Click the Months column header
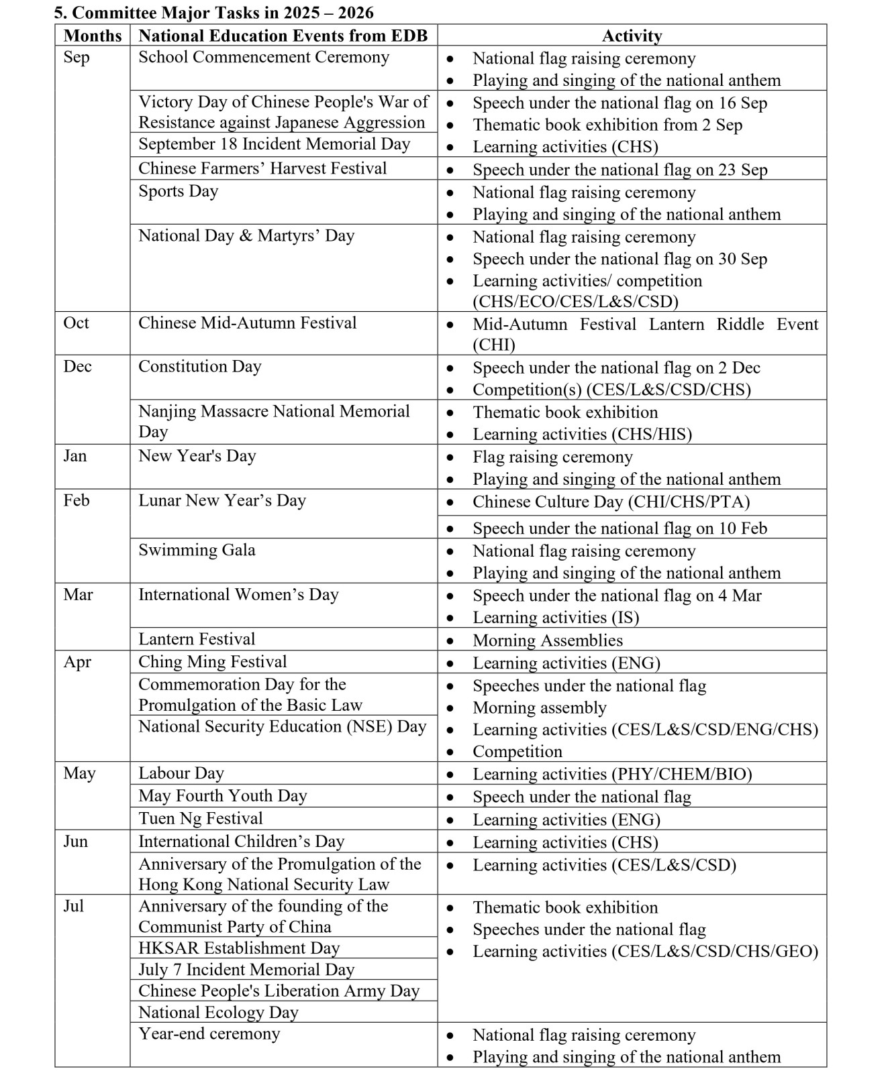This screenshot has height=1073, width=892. (x=93, y=36)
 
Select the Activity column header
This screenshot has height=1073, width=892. (x=632, y=36)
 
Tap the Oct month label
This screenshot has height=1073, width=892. (x=76, y=323)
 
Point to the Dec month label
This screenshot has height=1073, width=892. (x=77, y=367)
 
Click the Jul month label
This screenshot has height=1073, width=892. (x=74, y=907)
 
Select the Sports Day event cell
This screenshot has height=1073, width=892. (x=179, y=192)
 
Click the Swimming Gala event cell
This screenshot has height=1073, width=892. (x=197, y=551)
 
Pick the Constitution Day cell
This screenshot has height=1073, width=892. (x=200, y=367)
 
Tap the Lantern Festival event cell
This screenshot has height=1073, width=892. (x=197, y=639)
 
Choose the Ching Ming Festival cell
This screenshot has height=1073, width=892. (x=213, y=662)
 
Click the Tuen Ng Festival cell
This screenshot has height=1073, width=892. (x=201, y=819)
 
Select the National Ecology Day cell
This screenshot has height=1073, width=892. (x=218, y=1013)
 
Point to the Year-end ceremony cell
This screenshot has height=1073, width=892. (x=209, y=1034)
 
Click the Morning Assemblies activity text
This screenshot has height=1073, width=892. (x=548, y=640)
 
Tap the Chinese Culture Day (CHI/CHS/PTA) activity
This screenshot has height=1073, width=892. (x=611, y=502)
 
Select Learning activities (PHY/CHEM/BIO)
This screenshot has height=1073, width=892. (x=612, y=775)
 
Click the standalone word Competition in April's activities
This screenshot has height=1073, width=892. (x=517, y=752)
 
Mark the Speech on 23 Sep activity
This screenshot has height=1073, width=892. (x=620, y=170)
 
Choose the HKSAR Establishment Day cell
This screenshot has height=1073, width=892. (x=239, y=948)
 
